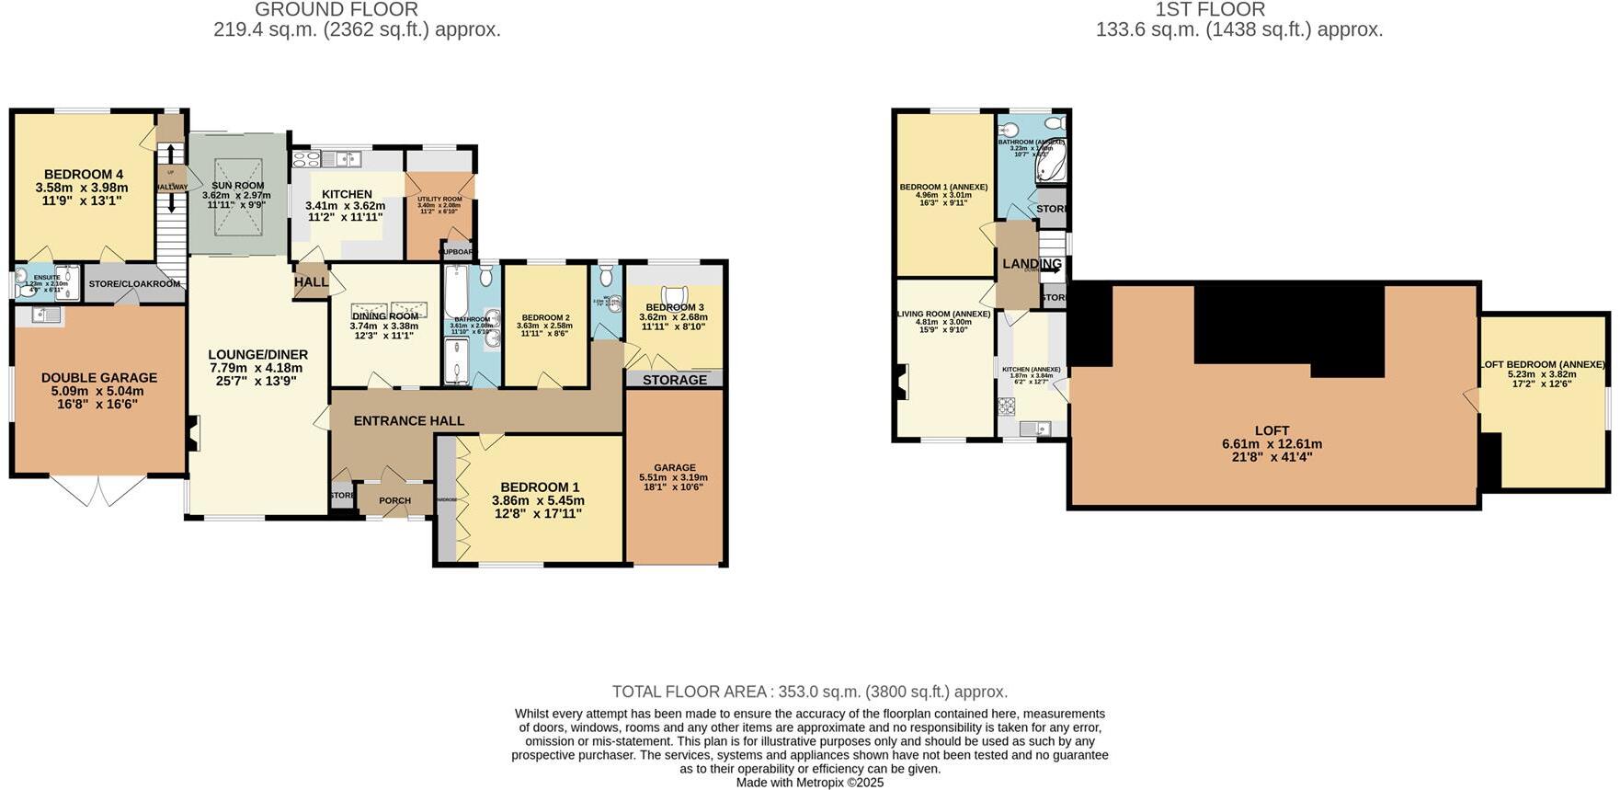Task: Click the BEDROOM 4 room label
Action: point(84,175)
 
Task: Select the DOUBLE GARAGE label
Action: point(99,377)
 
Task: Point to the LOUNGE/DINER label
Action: point(257,354)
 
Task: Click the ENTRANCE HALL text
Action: point(409,420)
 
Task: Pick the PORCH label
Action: point(395,501)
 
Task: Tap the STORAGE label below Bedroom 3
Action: point(675,380)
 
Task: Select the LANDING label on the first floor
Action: point(1032,264)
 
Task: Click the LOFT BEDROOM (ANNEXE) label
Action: point(1543,364)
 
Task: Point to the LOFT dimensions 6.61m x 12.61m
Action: point(1272,443)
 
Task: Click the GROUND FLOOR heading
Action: point(337,10)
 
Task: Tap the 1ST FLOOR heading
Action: point(1210,10)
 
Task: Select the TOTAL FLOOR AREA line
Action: point(810,692)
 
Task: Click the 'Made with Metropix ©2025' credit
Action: point(810,783)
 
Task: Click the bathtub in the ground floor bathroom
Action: point(453,294)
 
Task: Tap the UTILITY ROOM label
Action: point(439,200)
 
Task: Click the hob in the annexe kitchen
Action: point(1007,406)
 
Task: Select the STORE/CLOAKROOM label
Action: point(134,284)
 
